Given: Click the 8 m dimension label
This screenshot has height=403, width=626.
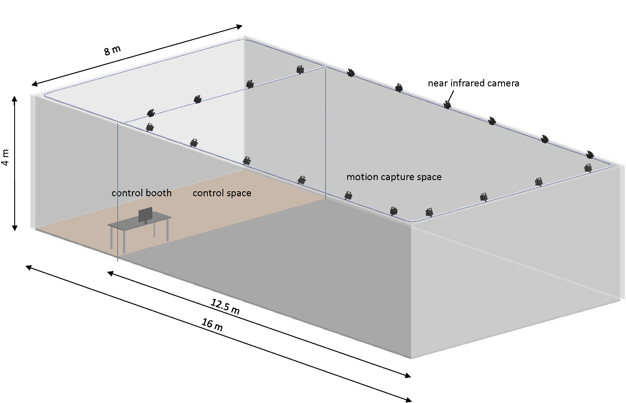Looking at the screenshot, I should point(112,50).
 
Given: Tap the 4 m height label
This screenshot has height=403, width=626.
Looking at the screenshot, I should point(6,157).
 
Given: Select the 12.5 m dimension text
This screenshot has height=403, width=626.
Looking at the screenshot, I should point(225,306).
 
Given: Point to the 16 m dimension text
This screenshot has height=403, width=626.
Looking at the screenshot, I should point(212,324).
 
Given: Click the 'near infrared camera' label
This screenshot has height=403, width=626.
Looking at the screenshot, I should point(473,84).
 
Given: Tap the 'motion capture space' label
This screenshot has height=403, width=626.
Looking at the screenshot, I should point(394,177).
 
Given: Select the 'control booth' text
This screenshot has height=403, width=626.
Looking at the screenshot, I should point(141,193).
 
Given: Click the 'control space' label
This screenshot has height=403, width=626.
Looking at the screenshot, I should point(222,193).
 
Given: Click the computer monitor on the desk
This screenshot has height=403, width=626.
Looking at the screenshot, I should point(145,215).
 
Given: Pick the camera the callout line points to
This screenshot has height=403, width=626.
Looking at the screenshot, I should point(447,104).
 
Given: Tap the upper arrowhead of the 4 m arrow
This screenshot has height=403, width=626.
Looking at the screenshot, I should point(15,99).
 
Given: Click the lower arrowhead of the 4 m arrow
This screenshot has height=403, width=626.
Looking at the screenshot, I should point(15,228).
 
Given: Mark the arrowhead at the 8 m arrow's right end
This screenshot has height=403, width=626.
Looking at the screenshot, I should point(240,27).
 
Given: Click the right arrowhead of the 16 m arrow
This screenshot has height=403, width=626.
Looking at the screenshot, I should point(409,400).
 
